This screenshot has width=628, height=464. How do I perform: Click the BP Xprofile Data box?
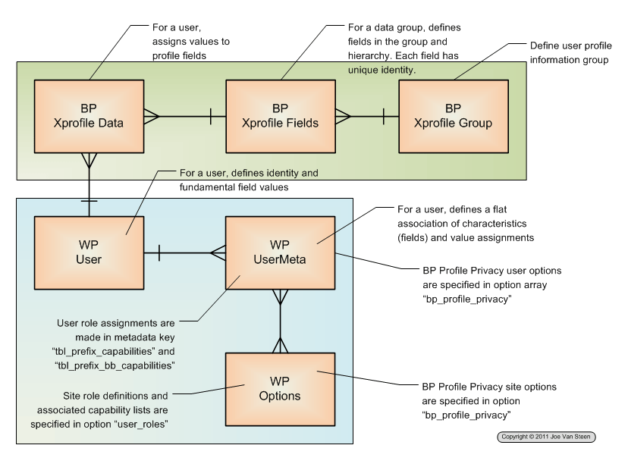tap(89, 116)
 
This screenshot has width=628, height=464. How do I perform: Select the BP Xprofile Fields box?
tap(281, 116)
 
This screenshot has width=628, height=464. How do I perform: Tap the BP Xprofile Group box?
tap(454, 116)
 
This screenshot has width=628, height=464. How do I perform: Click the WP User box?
tap(89, 252)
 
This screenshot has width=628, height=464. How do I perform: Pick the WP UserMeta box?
tap(280, 252)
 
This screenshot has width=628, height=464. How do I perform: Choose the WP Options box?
tap(280, 389)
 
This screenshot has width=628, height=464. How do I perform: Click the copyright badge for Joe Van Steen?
tap(546, 437)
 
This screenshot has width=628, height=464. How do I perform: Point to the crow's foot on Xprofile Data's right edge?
tap(152, 117)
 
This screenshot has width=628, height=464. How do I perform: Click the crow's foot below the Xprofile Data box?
tap(89, 161)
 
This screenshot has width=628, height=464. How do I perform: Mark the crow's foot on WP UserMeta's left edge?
tap(218, 253)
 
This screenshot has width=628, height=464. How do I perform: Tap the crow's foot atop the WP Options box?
tap(280, 345)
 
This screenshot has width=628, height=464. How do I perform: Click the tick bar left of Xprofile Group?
tap(383, 117)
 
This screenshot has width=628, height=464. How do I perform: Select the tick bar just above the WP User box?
tap(89, 201)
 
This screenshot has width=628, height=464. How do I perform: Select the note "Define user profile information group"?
tap(570, 52)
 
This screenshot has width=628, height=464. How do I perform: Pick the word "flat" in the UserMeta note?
tap(500, 209)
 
